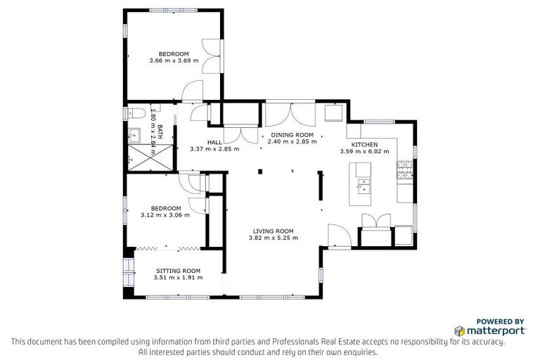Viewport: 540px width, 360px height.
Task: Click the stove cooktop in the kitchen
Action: pyautogui.click(x=406, y=169)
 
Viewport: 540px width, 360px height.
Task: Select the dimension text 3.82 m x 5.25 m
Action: pyautogui.click(x=273, y=238)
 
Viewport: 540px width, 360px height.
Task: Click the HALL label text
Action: pyautogui.click(x=214, y=141)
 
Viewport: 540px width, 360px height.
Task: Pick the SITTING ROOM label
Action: pyautogui.click(x=178, y=271)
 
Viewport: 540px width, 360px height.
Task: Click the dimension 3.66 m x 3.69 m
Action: pyautogui.click(x=174, y=61)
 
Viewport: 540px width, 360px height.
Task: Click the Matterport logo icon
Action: pyautogui.click(x=459, y=330)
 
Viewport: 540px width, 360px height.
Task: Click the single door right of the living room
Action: pyautogui.click(x=337, y=236)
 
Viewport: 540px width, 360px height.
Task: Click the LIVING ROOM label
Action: pyautogui.click(x=273, y=231)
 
